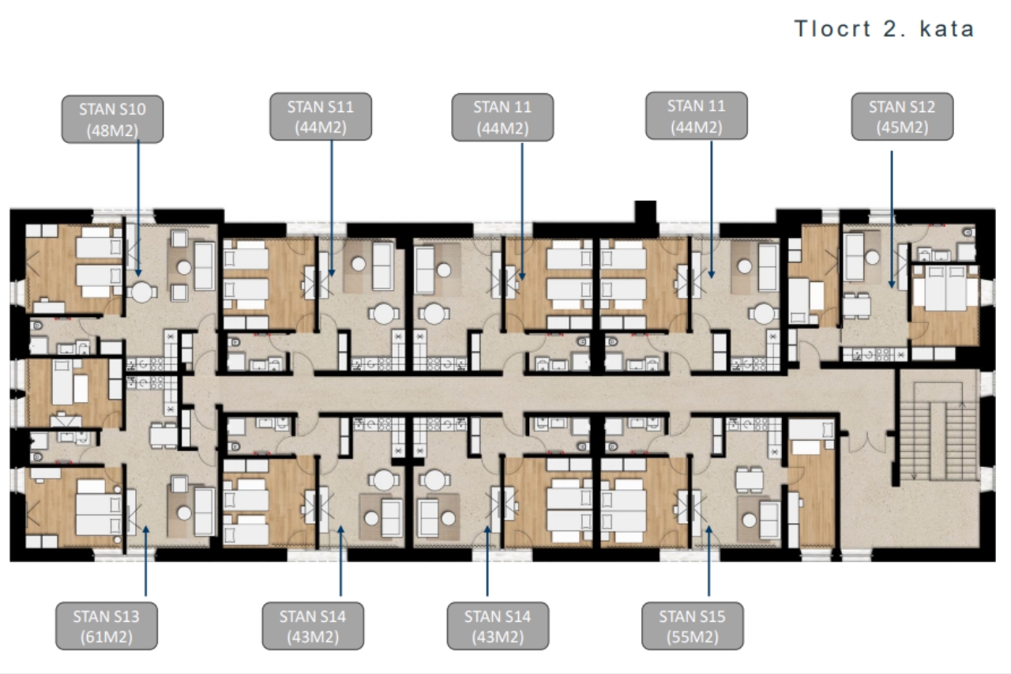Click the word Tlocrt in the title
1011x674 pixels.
coord(832,29)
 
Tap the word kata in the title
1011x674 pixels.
coord(947,29)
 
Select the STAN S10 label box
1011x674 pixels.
coord(112,119)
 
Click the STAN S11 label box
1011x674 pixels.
coord(321,116)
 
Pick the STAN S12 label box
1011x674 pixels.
coord(902,116)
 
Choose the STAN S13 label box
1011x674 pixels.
coord(107,626)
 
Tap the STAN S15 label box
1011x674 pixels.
coord(693,626)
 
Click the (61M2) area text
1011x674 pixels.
coord(107,637)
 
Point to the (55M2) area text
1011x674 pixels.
coord(693,637)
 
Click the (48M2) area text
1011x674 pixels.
coord(112,130)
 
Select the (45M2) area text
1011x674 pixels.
coord(902,127)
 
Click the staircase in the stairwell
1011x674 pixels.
coord(938,432)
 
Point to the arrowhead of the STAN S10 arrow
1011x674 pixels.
coord(138,273)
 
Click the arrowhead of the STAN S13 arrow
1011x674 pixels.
coord(146,529)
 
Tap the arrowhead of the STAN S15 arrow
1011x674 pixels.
coord(708,529)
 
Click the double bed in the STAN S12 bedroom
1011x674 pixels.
coord(945,288)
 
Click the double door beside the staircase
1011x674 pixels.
coord(866,445)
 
